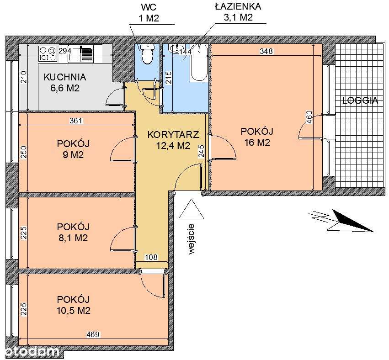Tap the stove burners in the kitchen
pyautogui.click(x=48, y=54)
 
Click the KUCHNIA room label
pyautogui.click(x=65, y=77)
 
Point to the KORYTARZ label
pyautogui.click(x=173, y=134)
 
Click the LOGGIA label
pyautogui.click(x=360, y=101)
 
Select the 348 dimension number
pyautogui.click(x=266, y=51)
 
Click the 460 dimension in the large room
pyautogui.click(x=309, y=117)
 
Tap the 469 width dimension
pyautogui.click(x=93, y=334)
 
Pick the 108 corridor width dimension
pyautogui.click(x=151, y=257)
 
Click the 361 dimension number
pyautogui.click(x=76, y=121)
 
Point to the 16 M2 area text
pyautogui.click(x=257, y=143)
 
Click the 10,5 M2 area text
pyautogui.click(x=74, y=310)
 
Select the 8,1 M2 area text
pyautogui.click(x=72, y=238)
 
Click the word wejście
pyautogui.click(x=191, y=239)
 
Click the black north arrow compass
pyautogui.click(x=350, y=221)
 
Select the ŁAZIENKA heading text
pyautogui.click(x=238, y=6)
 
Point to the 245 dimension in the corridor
pyautogui.click(x=201, y=151)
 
